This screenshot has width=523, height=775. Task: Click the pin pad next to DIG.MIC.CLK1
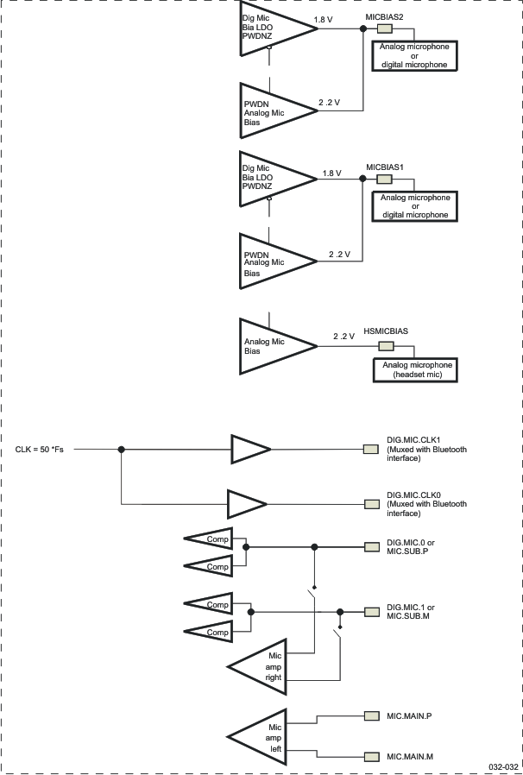(x=371, y=450)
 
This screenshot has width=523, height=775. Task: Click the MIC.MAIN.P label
(x=409, y=715)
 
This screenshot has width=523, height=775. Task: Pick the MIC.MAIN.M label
(x=410, y=757)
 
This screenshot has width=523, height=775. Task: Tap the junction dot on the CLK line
(x=122, y=450)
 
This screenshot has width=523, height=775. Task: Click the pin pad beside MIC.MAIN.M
(x=371, y=757)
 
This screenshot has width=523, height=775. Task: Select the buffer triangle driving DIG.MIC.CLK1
(x=249, y=450)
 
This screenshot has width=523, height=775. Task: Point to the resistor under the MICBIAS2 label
(x=384, y=29)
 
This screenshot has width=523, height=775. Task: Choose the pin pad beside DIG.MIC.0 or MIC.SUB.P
(x=371, y=547)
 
